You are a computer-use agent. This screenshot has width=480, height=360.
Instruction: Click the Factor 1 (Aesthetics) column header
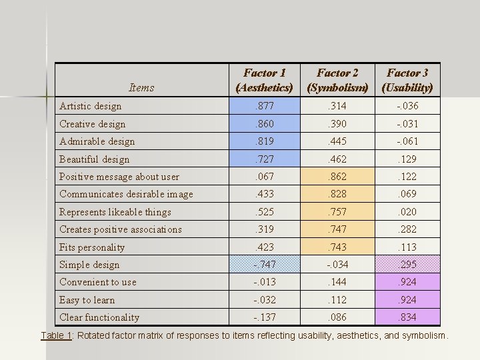(265, 80)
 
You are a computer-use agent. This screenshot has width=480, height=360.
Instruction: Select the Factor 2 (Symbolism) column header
(337, 80)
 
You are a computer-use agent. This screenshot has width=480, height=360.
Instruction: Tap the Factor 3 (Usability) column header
(407, 80)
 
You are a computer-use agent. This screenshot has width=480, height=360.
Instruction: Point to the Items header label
(141, 87)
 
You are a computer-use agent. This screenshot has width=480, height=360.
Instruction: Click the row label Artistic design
(91, 106)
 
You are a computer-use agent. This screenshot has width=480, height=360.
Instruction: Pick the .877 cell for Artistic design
(265, 106)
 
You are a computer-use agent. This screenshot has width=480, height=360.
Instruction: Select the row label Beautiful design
(95, 159)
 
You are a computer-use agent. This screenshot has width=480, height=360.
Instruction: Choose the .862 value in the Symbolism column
(337, 177)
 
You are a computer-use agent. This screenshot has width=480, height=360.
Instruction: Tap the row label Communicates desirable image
(126, 194)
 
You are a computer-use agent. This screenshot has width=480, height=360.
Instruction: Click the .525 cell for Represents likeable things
(265, 212)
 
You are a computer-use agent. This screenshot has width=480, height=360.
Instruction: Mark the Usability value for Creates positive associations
(407, 229)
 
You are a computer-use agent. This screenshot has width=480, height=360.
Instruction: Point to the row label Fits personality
(92, 247)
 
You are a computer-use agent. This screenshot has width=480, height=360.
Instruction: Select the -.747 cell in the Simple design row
(265, 265)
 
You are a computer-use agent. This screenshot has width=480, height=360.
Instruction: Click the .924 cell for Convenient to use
(407, 282)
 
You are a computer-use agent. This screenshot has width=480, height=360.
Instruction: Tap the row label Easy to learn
(87, 300)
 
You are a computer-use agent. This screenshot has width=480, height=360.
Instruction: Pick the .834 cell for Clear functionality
(407, 317)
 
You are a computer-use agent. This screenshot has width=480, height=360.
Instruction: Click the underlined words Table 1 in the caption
(57, 335)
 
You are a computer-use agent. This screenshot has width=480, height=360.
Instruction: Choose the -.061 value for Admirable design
(407, 141)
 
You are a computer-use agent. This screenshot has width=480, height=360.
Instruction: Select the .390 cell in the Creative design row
(337, 124)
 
